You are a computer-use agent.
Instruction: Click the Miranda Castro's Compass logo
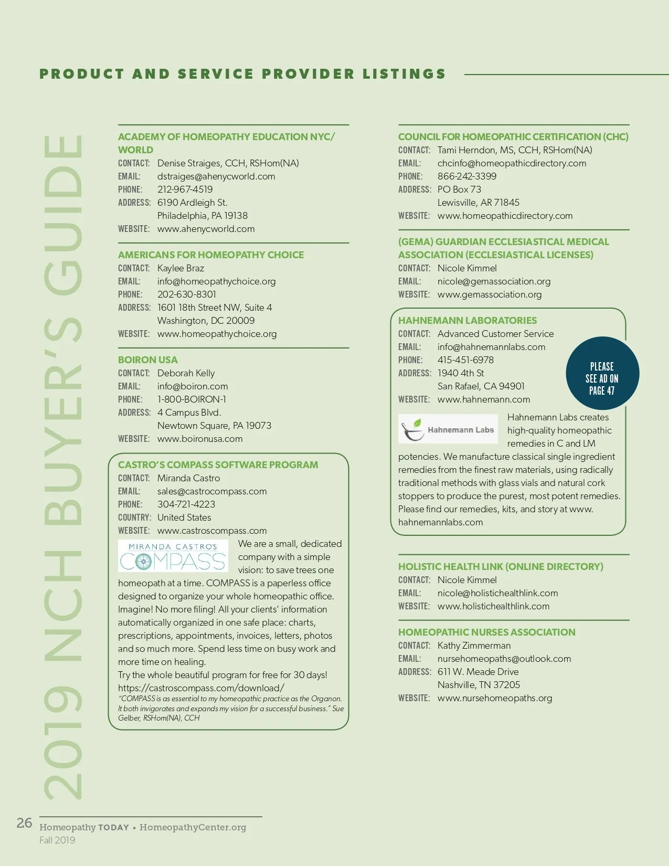tap(173, 556)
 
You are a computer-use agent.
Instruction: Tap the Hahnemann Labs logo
tap(448, 430)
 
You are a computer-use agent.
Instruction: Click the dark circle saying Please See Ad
tap(602, 373)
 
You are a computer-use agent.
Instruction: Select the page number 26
tap(24, 823)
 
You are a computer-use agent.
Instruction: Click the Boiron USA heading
tap(147, 360)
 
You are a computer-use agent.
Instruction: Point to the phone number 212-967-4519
tap(185, 189)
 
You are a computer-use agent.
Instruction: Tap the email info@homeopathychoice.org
tap(216, 281)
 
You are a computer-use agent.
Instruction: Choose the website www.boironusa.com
tap(200, 439)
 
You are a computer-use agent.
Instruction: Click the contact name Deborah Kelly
tap(186, 373)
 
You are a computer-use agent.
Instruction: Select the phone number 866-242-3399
tap(466, 176)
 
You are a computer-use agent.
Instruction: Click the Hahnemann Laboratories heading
tap(467, 321)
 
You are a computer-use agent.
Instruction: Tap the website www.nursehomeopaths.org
tap(494, 698)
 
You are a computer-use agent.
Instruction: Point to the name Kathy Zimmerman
tap(474, 646)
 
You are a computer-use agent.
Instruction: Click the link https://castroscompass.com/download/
tap(201, 688)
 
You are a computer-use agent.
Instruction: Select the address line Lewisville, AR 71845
tap(478, 203)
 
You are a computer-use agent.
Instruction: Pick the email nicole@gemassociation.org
tap(494, 281)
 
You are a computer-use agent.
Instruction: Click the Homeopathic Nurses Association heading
tap(486, 632)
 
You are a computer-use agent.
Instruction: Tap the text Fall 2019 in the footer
tap(57, 840)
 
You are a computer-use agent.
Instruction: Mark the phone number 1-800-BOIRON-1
tap(192, 399)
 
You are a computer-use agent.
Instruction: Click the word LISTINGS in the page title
tap(403, 74)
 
